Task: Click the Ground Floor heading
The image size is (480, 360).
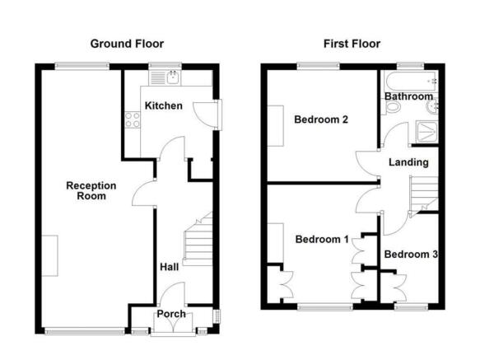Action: [127, 44]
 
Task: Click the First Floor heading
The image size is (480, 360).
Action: [352, 44]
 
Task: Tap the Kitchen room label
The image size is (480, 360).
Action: [163, 106]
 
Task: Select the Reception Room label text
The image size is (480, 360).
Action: [91, 191]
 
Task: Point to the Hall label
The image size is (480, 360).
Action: [170, 267]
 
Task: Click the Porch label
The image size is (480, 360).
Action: [171, 315]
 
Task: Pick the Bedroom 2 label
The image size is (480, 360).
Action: [321, 120]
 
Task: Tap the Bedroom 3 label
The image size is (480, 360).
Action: [410, 255]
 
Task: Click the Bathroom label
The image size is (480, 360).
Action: [409, 97]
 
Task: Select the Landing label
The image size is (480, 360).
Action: [405, 161]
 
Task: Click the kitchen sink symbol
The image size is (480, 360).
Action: [171, 77]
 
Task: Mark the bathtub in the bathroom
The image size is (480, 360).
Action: [409, 81]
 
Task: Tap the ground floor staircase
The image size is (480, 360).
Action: [198, 243]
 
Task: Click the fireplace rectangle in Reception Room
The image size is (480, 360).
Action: [51, 255]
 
